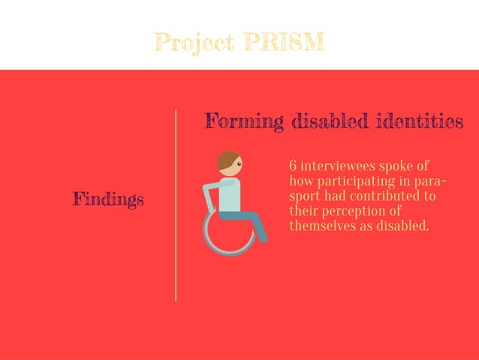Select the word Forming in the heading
pos(244,121)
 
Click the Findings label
pos(108,199)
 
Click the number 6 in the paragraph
pos(293,166)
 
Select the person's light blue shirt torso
pos(230,194)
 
